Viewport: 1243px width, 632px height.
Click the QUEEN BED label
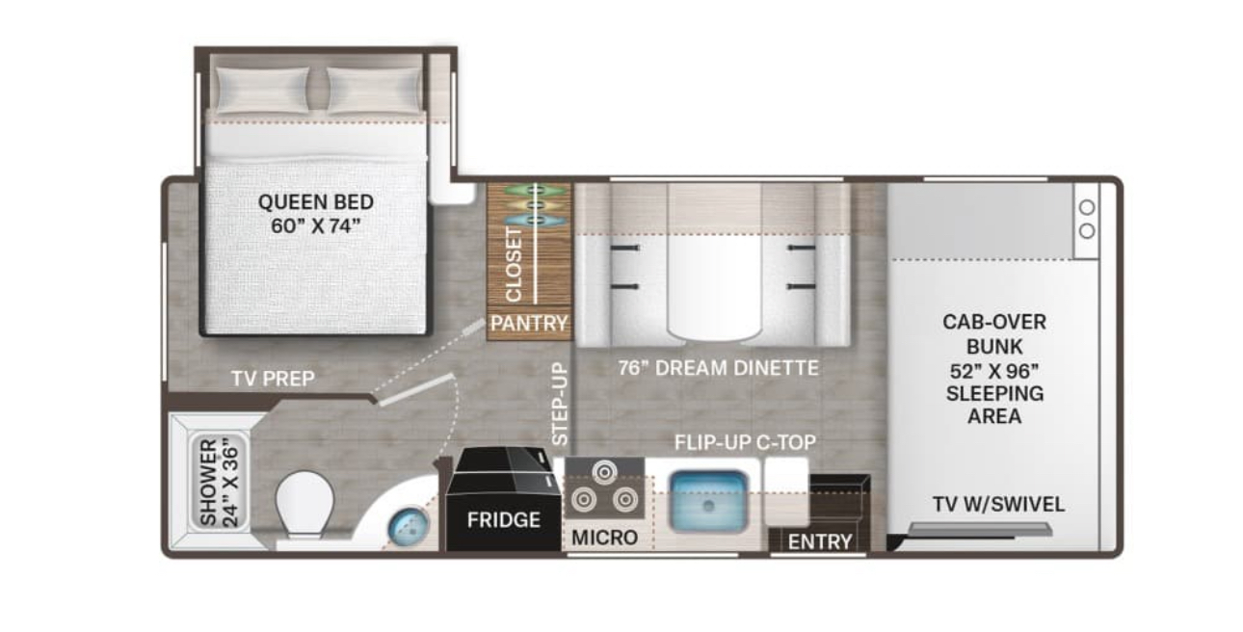316,214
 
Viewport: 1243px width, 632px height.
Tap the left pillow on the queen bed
262,90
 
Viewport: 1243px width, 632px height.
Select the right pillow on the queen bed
374,90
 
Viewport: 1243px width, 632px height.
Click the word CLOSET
514,265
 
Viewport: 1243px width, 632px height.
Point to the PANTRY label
529,323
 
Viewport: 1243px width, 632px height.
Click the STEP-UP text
560,404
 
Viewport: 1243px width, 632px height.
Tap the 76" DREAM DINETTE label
718,368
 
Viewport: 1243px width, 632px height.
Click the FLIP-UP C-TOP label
745,442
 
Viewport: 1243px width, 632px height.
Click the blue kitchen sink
708,501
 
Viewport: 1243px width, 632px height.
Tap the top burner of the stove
604,472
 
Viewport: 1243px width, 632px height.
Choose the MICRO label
604,538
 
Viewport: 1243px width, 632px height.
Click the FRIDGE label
503,520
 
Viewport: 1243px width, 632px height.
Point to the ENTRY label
820,541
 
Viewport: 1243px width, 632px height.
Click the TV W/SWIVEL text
998,505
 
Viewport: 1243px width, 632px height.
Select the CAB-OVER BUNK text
994,334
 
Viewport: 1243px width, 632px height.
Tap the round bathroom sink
409,527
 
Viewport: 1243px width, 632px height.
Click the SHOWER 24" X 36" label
219,482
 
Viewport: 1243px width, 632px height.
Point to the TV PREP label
273,379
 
